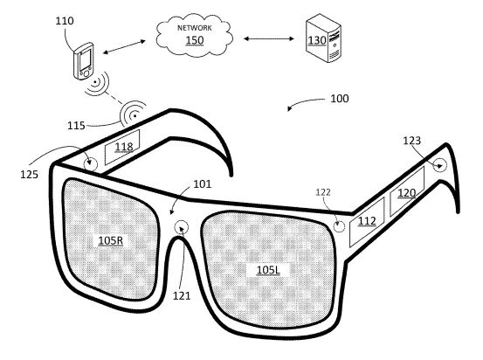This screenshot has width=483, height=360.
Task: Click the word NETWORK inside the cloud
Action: [x=195, y=28]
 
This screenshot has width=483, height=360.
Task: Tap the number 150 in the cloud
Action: [x=195, y=40]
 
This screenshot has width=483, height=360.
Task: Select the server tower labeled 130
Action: [x=323, y=38]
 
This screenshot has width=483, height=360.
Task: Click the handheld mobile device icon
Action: [x=83, y=61]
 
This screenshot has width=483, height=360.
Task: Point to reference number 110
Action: [x=65, y=21]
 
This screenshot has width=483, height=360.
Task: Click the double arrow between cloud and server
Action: [x=269, y=38]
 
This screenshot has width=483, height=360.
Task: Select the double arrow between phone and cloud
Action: [x=124, y=47]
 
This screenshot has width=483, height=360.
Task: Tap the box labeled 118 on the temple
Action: [x=122, y=147]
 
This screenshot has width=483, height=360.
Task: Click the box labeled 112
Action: [x=367, y=222]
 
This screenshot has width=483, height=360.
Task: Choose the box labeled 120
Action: [x=407, y=191]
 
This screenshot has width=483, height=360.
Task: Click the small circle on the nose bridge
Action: [x=182, y=227]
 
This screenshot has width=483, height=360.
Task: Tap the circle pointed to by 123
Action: [x=439, y=165]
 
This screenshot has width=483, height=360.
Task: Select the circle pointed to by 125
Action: [x=91, y=163]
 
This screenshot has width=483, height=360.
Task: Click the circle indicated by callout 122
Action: [x=339, y=226]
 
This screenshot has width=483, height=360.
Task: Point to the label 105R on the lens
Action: [x=110, y=240]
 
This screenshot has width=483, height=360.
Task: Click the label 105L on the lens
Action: [x=268, y=270]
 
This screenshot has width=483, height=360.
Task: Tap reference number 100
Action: [x=340, y=99]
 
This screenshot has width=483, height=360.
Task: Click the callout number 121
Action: [x=182, y=296]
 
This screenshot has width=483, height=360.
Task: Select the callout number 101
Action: [x=203, y=184]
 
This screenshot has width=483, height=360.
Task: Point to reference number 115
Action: [x=76, y=126]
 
